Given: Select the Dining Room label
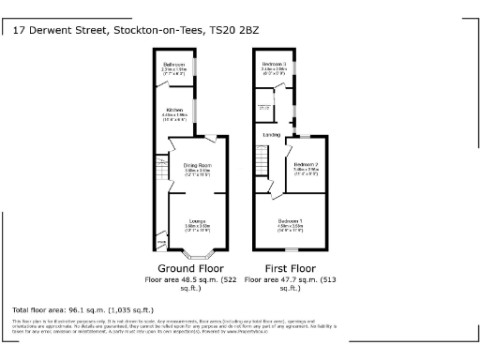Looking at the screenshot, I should point(196,165).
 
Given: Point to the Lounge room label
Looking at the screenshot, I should point(196,221).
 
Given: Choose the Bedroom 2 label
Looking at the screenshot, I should point(310,165).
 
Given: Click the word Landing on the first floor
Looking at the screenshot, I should point(271,135).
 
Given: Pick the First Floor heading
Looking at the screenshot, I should point(288,267).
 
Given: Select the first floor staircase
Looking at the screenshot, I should point(262,170).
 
